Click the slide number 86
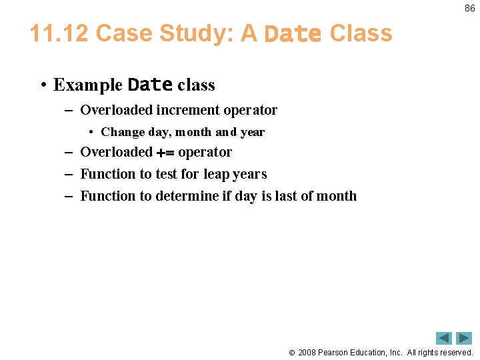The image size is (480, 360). [x=469, y=8]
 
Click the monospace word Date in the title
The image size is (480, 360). [x=293, y=34]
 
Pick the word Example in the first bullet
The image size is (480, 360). [x=88, y=85]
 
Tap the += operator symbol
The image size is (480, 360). [x=165, y=153]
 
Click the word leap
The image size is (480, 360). [x=217, y=175]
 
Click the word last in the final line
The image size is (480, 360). [x=307, y=196]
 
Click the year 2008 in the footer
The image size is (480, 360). [x=308, y=352]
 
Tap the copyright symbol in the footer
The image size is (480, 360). [x=291, y=352]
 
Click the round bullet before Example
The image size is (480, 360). [x=42, y=85]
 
